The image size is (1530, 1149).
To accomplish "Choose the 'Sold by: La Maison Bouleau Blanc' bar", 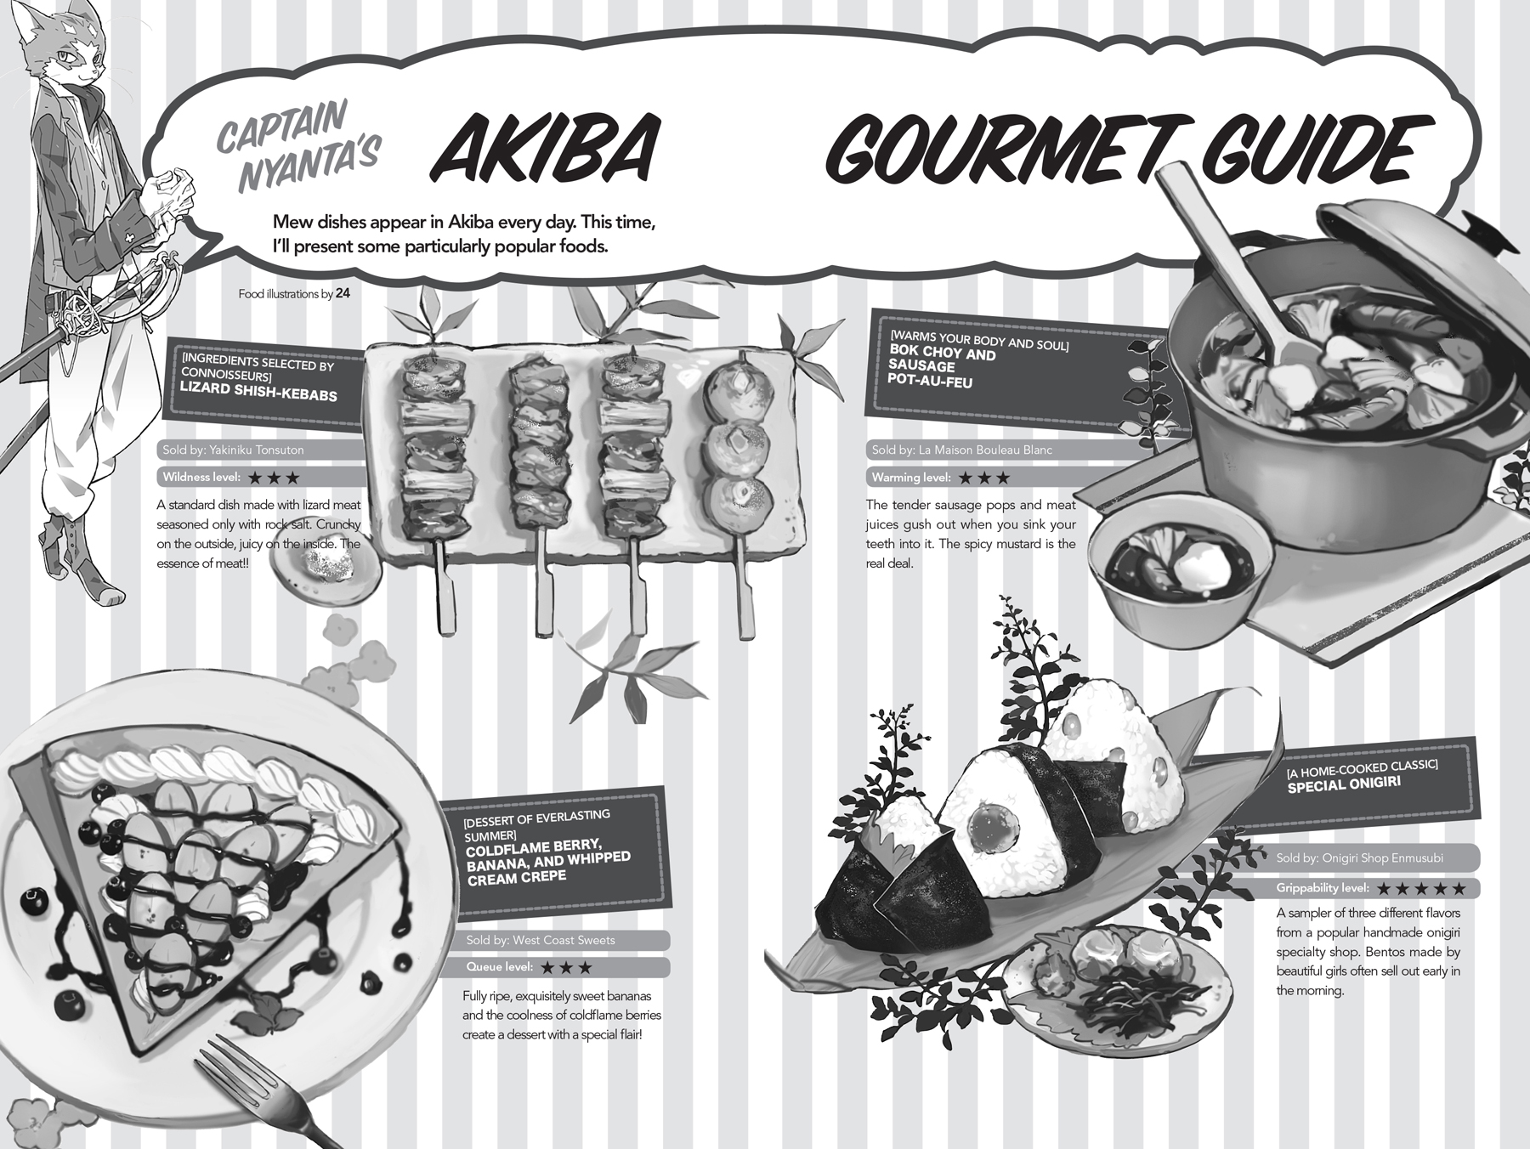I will [961, 450].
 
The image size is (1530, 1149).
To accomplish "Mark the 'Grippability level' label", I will [1323, 888].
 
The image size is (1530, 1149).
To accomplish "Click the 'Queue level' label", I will [500, 967].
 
